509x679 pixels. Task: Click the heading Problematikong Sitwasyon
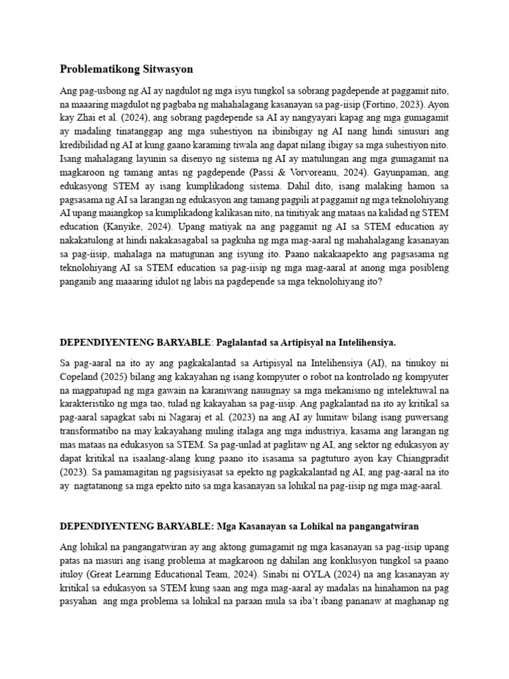coord(121,69)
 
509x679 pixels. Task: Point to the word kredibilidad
coord(86,145)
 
